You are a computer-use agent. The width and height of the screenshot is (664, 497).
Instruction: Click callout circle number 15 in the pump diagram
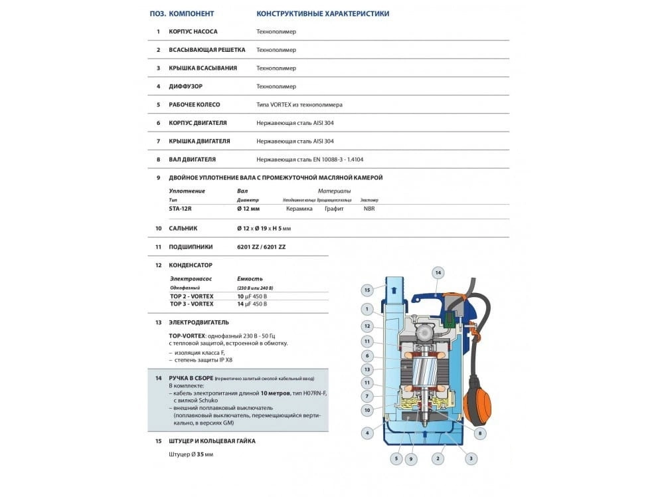pos(366,289)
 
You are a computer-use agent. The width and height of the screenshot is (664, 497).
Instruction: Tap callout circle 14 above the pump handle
pos(437,272)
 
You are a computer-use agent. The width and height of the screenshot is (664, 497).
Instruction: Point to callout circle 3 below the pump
pos(470,458)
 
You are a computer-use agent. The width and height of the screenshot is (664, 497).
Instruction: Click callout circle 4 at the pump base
pos(366,433)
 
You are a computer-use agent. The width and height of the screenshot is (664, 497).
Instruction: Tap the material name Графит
pos(334,208)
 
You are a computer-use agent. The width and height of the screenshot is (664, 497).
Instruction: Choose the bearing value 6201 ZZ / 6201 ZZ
pos(262,247)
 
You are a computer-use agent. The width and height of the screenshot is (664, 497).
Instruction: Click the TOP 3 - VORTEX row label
pos(191,304)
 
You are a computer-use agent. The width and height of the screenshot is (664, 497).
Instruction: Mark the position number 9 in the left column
pos(158,177)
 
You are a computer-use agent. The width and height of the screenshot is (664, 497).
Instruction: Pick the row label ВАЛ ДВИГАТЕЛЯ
pos(193,159)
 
